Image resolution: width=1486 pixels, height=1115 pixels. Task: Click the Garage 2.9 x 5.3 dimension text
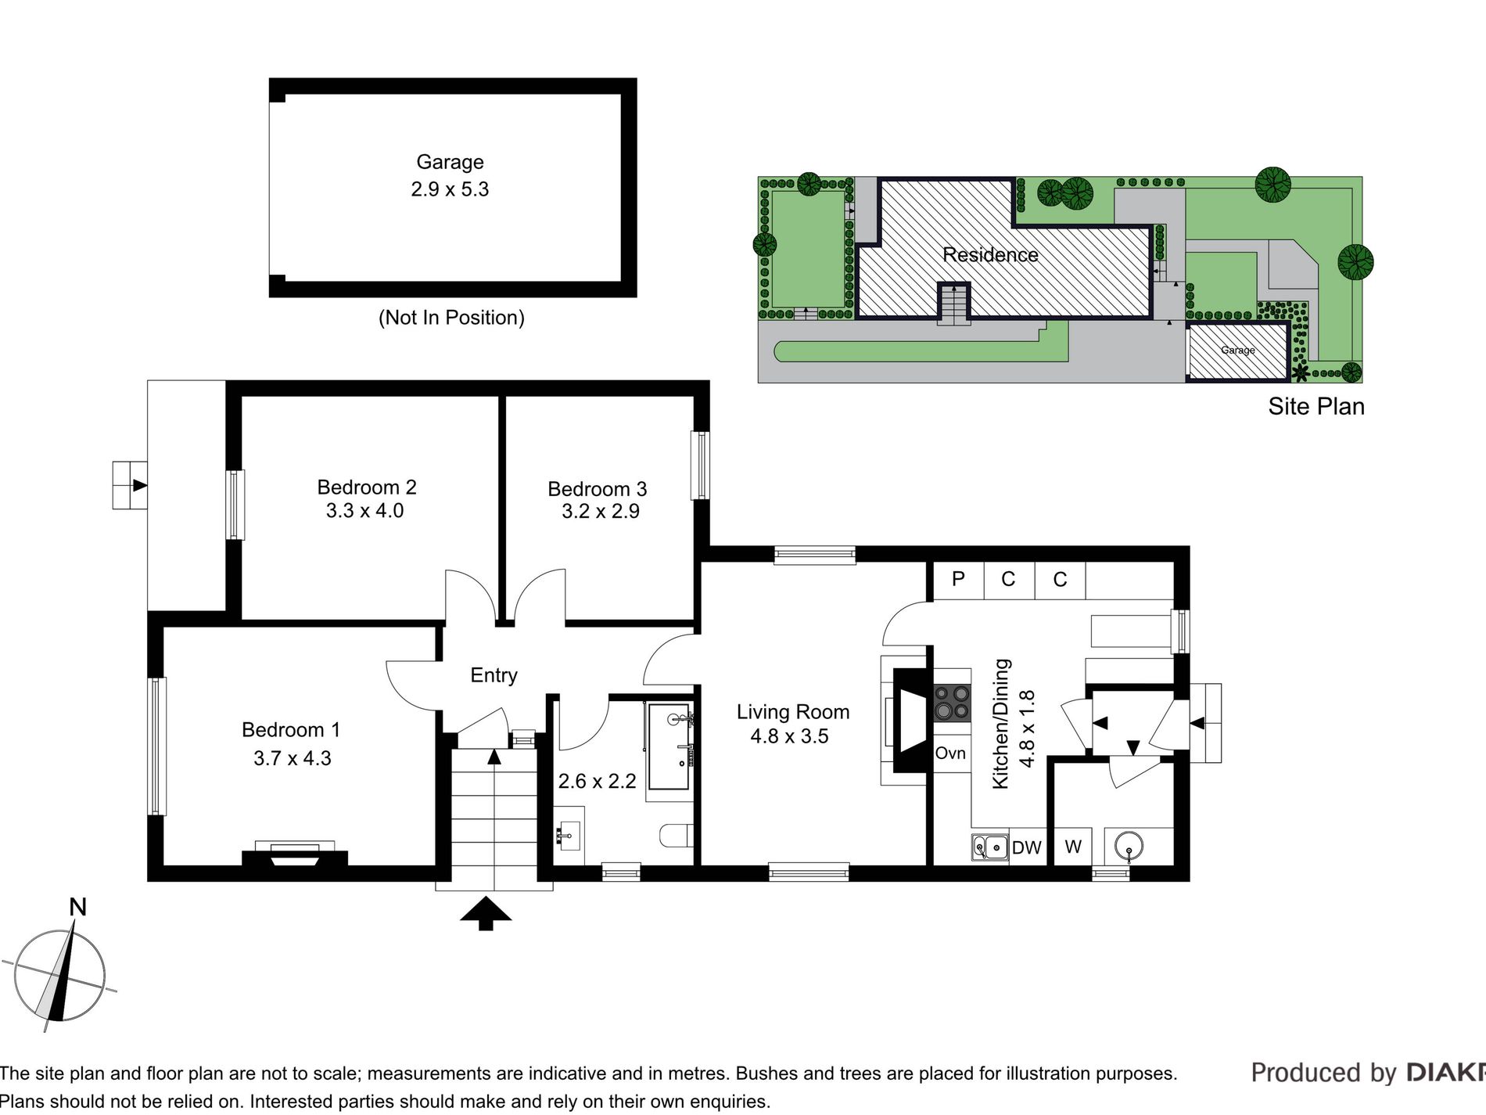tap(450, 189)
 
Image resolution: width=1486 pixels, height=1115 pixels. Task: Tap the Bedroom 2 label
tap(367, 487)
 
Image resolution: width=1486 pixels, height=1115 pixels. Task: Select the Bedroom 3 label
tap(598, 489)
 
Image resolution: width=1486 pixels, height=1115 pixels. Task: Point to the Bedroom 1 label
tap(291, 730)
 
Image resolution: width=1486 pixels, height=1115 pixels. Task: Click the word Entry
tap(494, 675)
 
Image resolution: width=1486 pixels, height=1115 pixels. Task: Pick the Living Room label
tap(793, 712)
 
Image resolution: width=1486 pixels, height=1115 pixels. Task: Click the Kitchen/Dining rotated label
tap(1001, 724)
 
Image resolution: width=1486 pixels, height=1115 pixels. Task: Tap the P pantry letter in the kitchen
tap(958, 579)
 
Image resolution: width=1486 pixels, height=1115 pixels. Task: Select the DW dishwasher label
tap(1026, 848)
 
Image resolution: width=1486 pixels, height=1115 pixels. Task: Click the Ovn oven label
tap(950, 754)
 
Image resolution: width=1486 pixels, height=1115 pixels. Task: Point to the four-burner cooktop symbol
tap(952, 702)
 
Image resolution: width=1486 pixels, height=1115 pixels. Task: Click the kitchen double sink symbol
tap(989, 847)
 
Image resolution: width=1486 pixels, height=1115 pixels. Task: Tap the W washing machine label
tap(1073, 847)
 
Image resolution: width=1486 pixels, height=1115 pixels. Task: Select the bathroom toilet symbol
tap(677, 835)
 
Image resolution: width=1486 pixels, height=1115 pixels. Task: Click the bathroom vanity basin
tap(569, 836)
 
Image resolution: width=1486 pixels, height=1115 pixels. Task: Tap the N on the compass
tap(77, 908)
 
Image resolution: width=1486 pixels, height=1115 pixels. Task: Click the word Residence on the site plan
tap(990, 255)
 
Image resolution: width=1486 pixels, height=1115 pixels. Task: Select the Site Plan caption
tap(1316, 407)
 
